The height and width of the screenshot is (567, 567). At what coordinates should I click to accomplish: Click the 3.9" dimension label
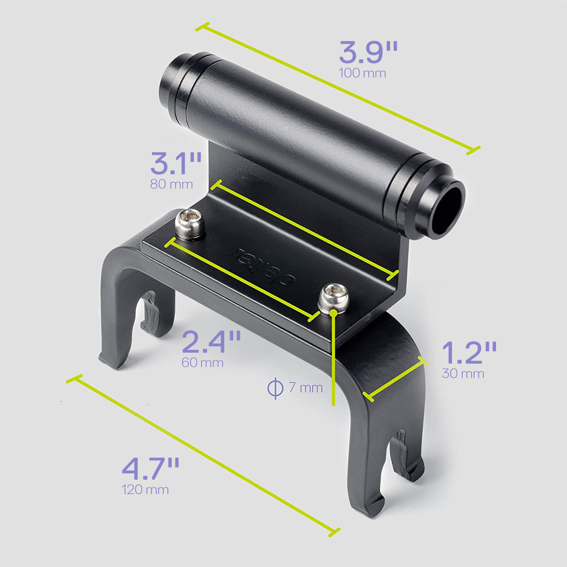coord(367,52)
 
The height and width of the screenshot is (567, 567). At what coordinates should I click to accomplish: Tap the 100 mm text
coord(362,73)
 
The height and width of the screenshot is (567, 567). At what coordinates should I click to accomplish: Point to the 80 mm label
coord(171,184)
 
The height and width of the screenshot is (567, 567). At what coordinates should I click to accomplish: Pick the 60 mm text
coord(202,363)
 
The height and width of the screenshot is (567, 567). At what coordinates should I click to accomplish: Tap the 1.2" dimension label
coord(469,353)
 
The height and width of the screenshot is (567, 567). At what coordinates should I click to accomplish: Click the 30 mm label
coord(463,374)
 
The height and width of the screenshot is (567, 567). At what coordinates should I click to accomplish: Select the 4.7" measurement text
coord(151,469)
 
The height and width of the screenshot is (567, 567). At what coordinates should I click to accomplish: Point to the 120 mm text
coord(145,490)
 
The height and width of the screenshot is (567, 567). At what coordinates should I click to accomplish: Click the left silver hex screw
coord(190,224)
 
